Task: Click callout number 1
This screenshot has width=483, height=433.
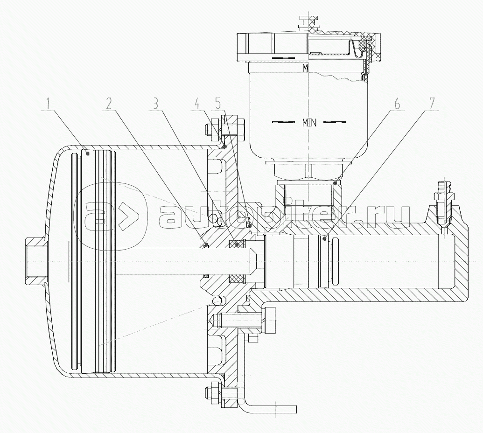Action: (48, 103)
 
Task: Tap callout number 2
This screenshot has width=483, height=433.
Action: (108, 103)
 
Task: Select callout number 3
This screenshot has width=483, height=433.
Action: (156, 103)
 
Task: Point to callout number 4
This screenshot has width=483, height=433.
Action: (197, 103)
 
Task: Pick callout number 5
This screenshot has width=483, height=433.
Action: (218, 103)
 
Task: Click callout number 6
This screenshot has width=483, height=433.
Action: (397, 103)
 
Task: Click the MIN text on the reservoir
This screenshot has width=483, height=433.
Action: (309, 123)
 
